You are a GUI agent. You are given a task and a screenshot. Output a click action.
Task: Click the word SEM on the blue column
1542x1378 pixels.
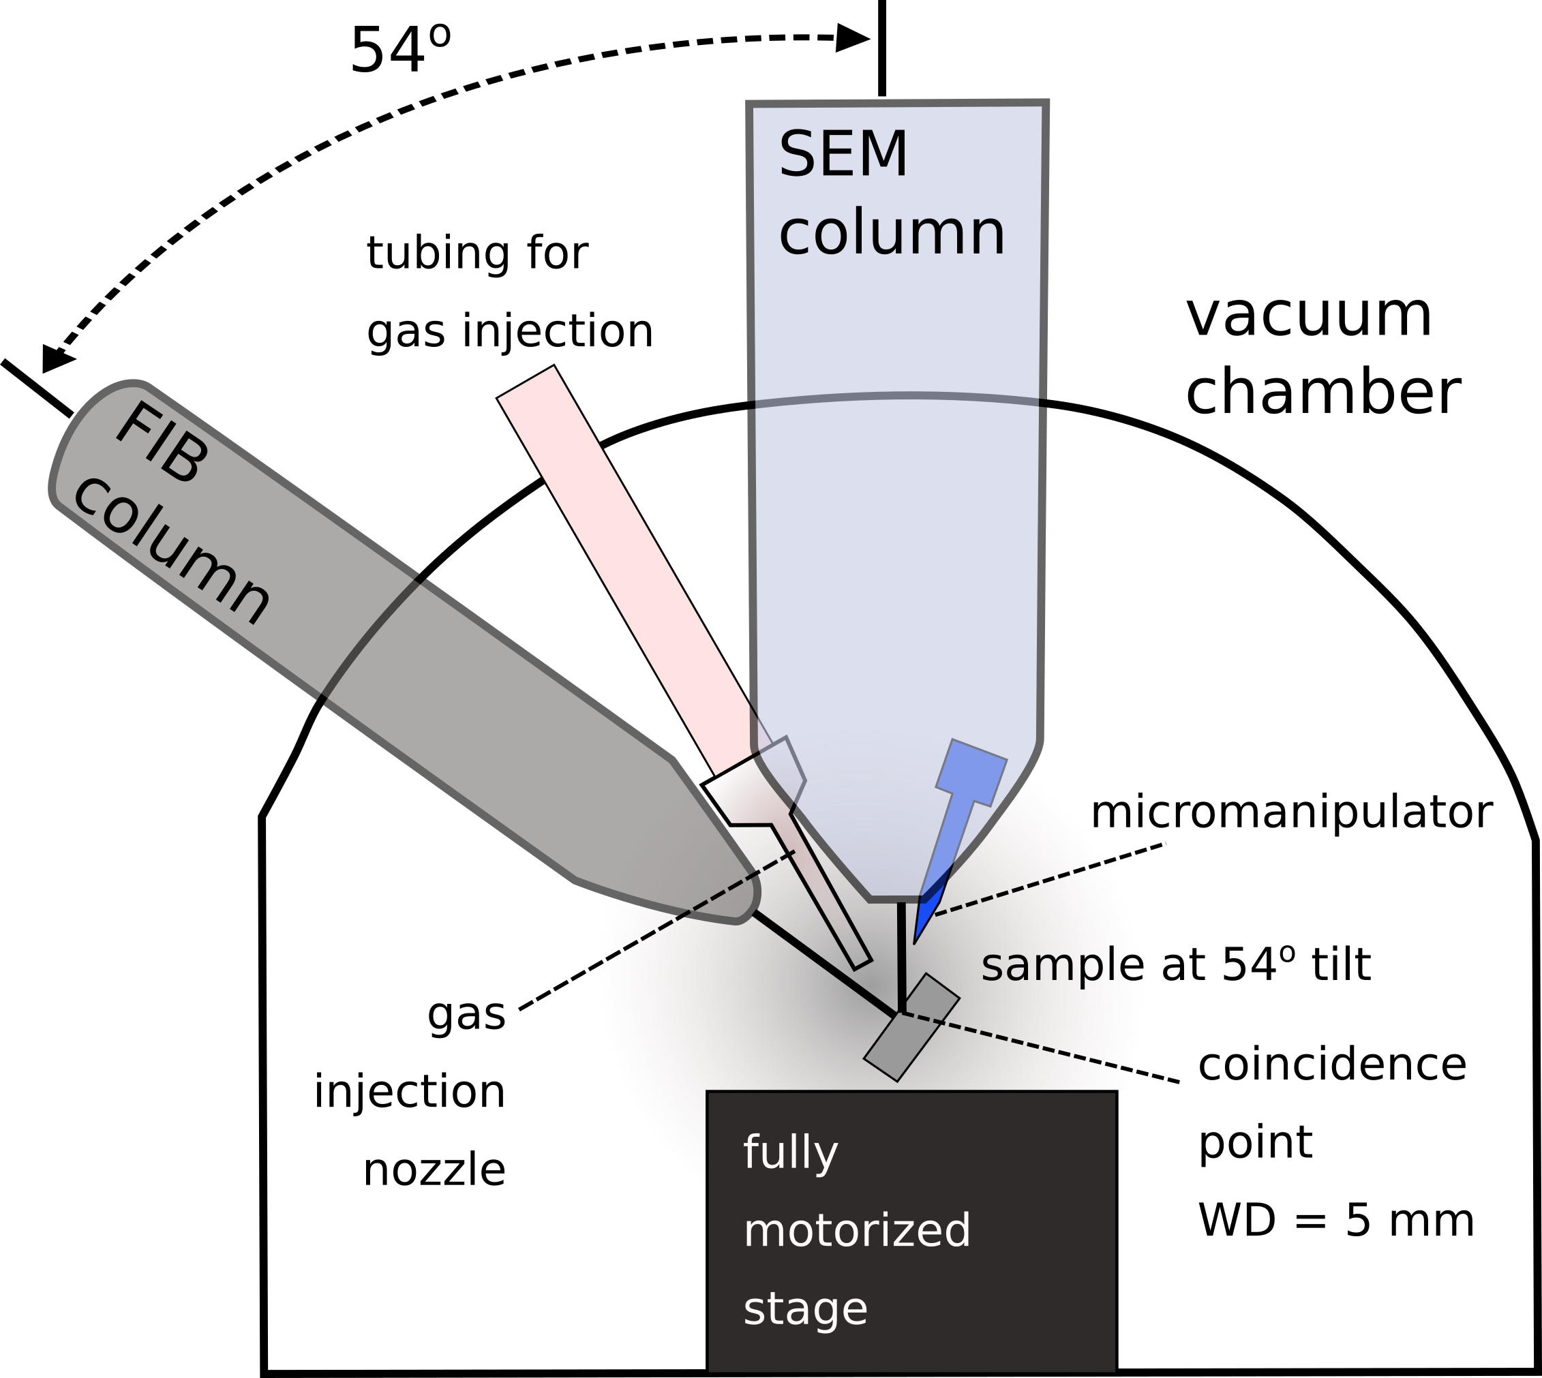pyautogui.click(x=842, y=155)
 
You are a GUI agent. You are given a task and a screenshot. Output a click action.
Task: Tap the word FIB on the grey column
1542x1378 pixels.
pyautogui.click(x=162, y=444)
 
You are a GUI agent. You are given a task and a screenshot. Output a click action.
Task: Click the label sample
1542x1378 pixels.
pyautogui.click(x=1060, y=966)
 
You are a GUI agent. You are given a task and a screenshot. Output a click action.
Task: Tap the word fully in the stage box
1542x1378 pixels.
pyautogui.click(x=790, y=1153)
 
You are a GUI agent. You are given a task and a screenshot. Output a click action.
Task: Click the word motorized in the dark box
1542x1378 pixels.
pyautogui.click(x=856, y=1230)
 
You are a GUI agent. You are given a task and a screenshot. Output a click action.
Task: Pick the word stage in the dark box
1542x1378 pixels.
pyautogui.click(x=804, y=1308)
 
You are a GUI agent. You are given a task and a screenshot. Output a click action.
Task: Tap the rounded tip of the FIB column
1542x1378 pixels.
pyautogui.click(x=746, y=908)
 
